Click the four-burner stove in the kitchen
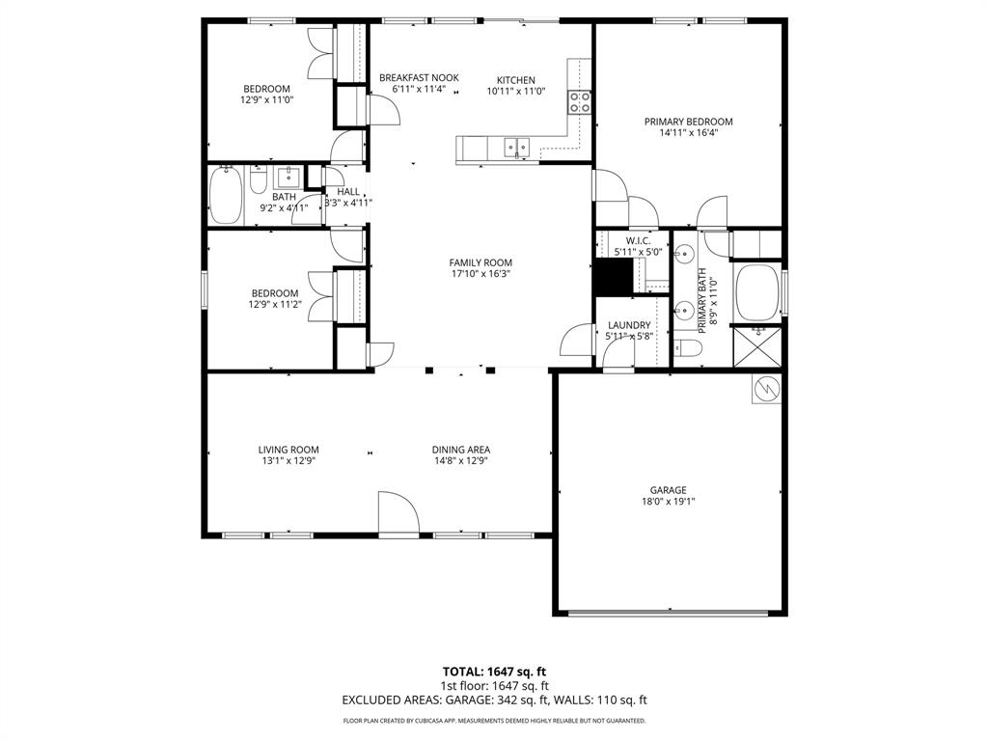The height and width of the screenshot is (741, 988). pos(580,102)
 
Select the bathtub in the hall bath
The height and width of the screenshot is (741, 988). pos(228,196)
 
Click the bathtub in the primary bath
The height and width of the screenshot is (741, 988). pos(757,292)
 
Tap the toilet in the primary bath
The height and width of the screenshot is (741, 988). pos(686,346)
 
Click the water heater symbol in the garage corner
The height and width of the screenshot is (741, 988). pos(768,388)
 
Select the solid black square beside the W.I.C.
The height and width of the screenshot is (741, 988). pos(612,278)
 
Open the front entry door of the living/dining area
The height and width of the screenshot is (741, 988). pos(397,516)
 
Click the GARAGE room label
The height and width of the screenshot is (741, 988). pos(668,490)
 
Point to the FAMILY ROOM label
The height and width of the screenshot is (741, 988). pos(480,262)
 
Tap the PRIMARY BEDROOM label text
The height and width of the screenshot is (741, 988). pos(688,122)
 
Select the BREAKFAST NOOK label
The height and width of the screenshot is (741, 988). pos(419,78)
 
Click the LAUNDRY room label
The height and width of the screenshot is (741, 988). pos(628,325)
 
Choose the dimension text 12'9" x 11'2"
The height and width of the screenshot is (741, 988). pos(275,305)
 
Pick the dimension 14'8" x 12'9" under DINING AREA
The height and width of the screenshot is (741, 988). pos(460,461)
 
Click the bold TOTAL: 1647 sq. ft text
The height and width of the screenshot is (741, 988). pos(494,671)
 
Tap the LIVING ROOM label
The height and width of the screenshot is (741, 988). pos(288,450)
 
